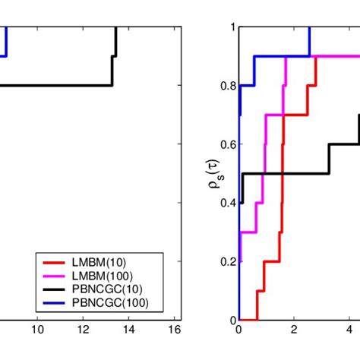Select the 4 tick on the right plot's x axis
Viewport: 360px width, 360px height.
tap(351, 329)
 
